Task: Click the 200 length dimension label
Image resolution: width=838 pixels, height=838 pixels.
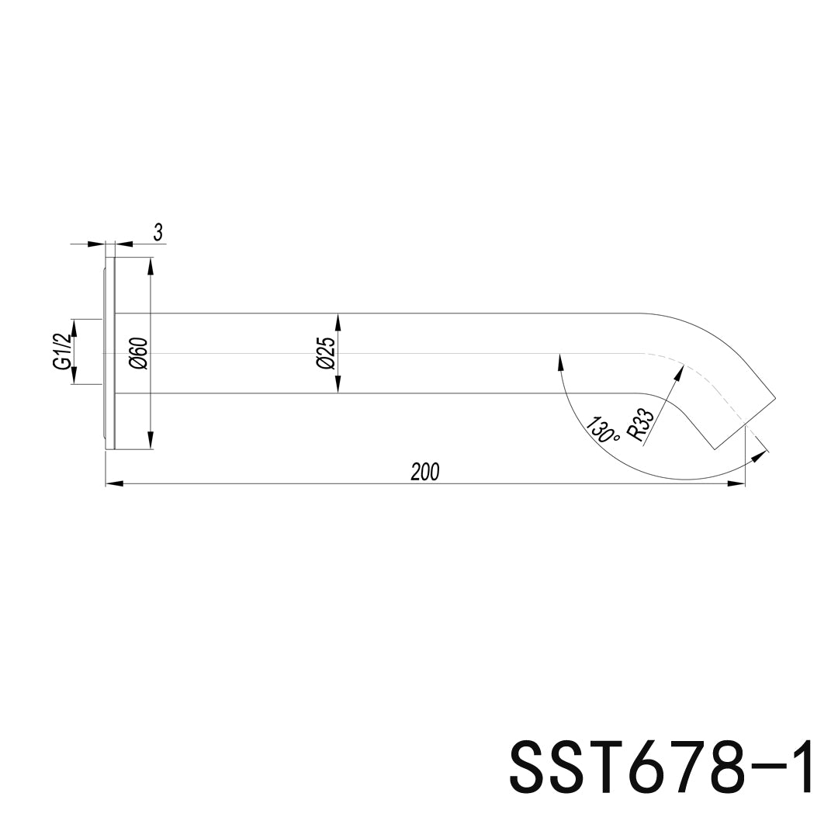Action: pos(425,471)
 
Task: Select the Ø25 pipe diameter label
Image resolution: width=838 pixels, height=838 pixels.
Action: pos(327,353)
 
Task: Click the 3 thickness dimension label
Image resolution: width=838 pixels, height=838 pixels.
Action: pos(158,232)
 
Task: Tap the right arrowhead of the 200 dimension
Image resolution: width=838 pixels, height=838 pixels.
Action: pos(736,484)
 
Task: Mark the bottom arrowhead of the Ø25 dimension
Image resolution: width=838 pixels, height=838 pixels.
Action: pos(338,386)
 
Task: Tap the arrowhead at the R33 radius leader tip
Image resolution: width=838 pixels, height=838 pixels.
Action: pos(679,372)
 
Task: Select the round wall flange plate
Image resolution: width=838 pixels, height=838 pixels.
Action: pos(109,353)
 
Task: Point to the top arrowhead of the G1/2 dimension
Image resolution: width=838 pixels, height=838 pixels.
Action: pos(75,327)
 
